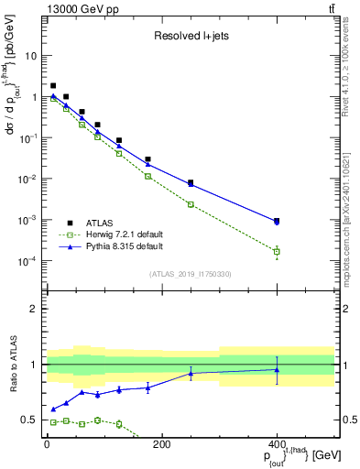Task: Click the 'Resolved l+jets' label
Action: pyautogui.click(x=190, y=38)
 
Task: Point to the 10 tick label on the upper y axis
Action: pyautogui.click(x=30, y=55)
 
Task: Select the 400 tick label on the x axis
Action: pyautogui.click(x=277, y=444)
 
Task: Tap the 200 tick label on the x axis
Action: pyautogui.click(x=161, y=444)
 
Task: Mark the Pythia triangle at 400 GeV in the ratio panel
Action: pyautogui.click(x=277, y=370)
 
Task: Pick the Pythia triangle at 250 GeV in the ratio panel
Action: pyautogui.click(x=191, y=373)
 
